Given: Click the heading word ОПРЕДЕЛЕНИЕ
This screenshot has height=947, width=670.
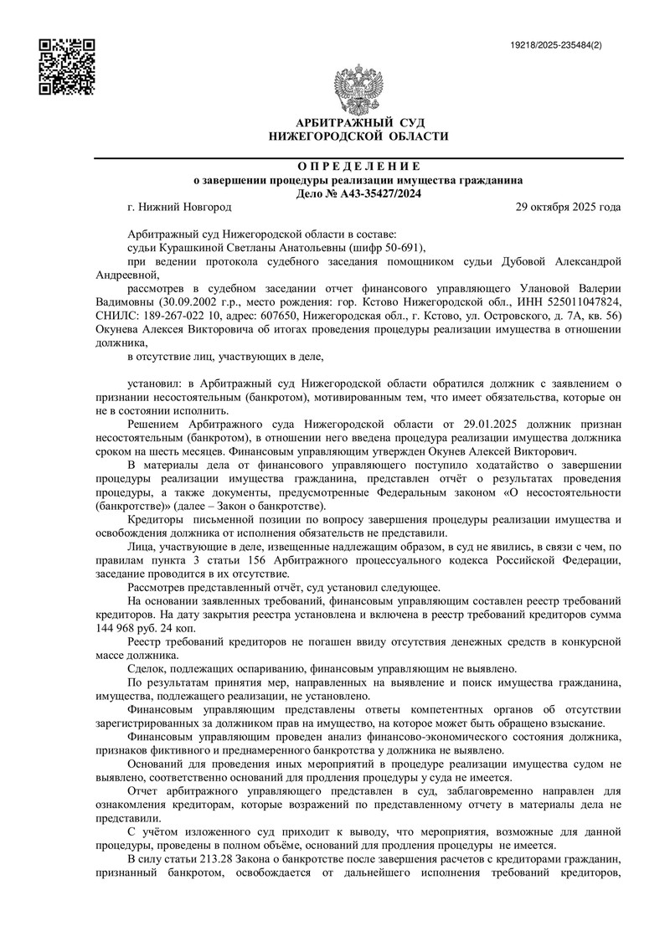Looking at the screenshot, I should tap(358, 166).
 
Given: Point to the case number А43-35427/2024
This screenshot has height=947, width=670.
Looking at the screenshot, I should tap(374, 193).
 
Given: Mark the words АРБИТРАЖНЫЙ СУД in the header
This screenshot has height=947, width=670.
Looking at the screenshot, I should tap(358, 123).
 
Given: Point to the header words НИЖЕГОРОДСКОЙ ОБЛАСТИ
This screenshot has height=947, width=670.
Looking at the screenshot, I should tap(358, 136).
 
